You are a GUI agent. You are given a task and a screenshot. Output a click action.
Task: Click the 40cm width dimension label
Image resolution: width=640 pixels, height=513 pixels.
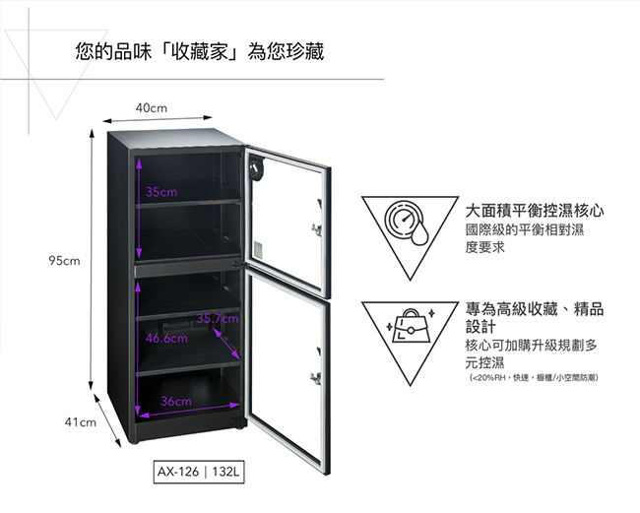click(152, 108)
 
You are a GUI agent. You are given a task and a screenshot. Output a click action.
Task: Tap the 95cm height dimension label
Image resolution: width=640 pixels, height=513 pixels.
click(64, 260)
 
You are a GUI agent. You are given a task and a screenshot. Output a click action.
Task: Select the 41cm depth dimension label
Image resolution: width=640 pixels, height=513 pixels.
click(81, 422)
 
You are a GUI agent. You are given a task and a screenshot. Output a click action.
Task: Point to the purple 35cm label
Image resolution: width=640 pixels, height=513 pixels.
click(161, 192)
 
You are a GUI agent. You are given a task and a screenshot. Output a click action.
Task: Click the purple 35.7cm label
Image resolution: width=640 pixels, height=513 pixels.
click(218, 318)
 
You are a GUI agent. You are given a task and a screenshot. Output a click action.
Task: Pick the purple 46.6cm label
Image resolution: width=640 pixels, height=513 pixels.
click(166, 339)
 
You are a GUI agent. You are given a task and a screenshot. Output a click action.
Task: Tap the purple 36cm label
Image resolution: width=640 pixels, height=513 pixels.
click(175, 401)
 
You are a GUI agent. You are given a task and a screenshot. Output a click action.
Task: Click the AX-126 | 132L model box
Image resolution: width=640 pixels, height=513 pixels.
click(199, 472)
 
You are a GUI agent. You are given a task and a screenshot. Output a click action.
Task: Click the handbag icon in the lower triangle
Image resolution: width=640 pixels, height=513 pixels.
click(410, 326)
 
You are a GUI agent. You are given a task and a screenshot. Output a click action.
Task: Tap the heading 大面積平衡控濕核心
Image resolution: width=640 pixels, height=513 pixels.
click(535, 211)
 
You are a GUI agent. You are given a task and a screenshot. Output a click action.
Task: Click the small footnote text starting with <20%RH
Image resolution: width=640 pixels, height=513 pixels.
click(534, 377)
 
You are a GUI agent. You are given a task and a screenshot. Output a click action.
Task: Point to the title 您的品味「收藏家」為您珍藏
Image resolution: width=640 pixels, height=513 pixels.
click(200, 52)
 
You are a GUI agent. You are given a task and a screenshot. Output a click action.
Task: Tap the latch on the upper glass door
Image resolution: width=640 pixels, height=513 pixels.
click(316, 229)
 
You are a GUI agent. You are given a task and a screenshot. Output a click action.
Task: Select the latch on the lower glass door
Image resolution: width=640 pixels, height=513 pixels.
click(315, 378)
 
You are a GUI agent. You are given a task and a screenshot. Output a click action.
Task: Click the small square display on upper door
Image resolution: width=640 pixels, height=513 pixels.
click(258, 250)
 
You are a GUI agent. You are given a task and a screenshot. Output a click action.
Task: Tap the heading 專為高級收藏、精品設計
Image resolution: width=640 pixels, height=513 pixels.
click(535, 317)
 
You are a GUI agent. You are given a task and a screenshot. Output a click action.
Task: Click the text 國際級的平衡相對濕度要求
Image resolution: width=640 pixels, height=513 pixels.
click(525, 238)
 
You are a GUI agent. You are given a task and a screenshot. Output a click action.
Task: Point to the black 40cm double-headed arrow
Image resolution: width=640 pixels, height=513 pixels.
click(158, 119)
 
